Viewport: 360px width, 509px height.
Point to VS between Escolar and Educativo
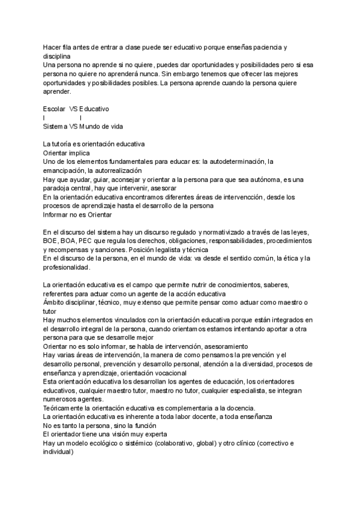click(74, 109)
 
